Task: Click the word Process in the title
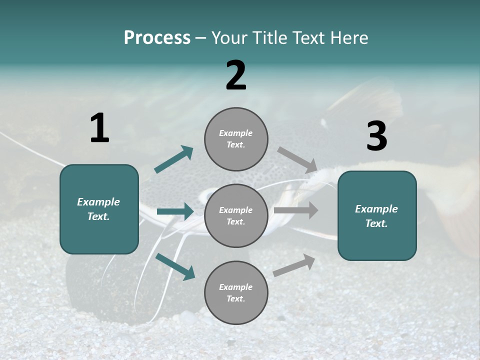(157, 37)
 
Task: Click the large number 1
(99, 128)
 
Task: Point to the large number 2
(236, 75)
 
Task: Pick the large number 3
(376, 136)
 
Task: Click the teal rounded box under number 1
(99, 209)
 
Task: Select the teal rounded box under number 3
(377, 216)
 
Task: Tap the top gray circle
(236, 139)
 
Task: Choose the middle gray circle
(236, 216)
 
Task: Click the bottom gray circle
(236, 293)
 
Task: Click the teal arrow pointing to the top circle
(173, 159)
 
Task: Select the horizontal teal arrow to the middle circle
(174, 211)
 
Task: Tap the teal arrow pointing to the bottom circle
(174, 266)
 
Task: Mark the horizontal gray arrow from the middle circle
(296, 210)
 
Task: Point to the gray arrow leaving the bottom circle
(294, 265)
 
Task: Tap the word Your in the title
(229, 37)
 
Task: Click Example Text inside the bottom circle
(236, 293)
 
